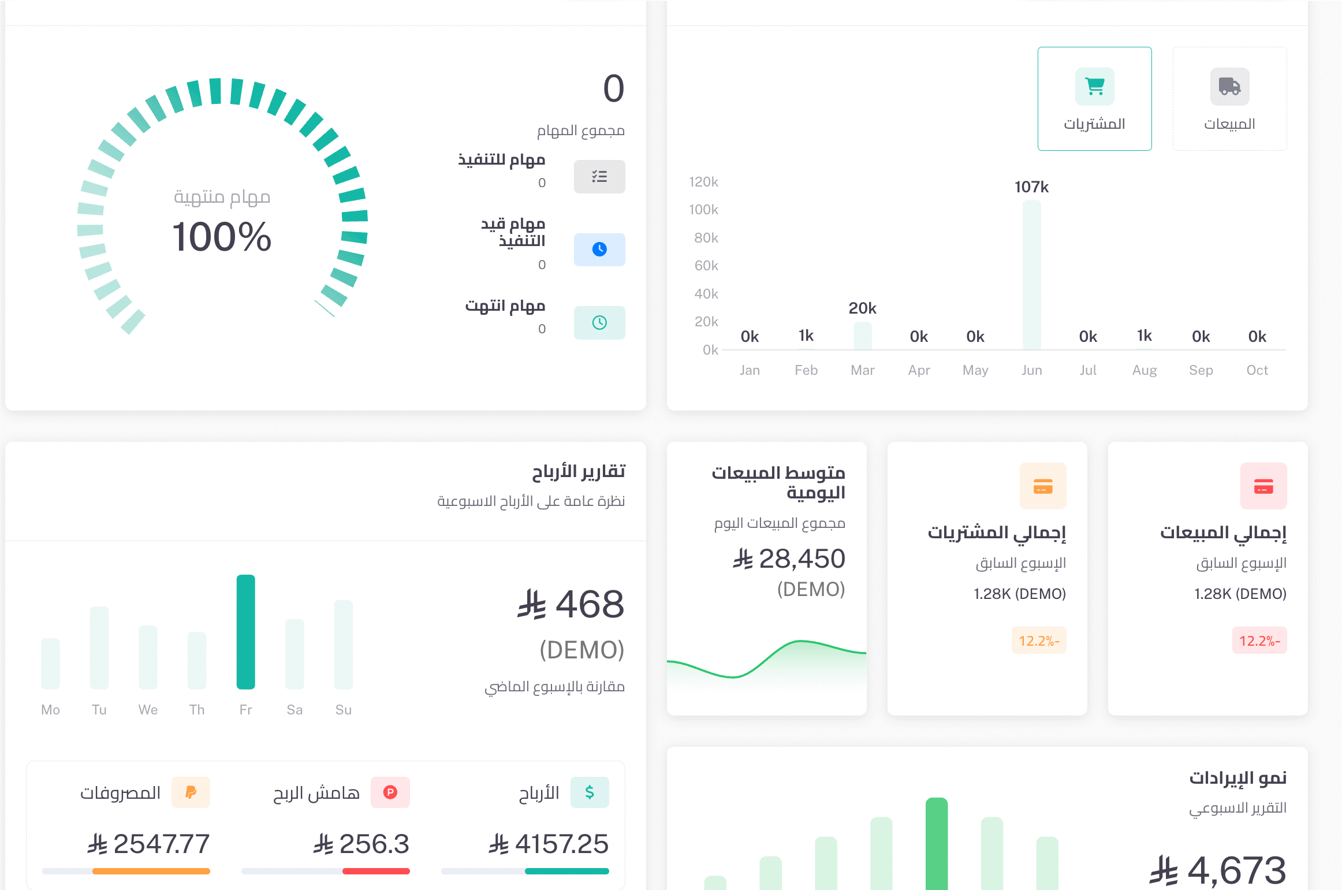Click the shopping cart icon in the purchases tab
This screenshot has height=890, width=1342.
click(x=1094, y=87)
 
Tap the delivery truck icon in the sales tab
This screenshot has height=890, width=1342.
click(x=1229, y=87)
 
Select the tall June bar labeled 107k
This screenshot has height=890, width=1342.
click(x=1031, y=275)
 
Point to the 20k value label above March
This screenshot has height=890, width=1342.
click(x=862, y=308)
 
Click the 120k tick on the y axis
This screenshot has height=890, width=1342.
click(x=703, y=182)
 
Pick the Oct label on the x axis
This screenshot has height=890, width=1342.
click(x=1257, y=370)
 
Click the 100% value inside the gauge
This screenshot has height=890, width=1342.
click(x=222, y=237)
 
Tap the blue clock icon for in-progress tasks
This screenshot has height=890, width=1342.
click(x=599, y=250)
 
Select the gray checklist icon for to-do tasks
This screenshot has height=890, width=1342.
click(x=599, y=177)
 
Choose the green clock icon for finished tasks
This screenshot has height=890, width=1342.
click(x=599, y=323)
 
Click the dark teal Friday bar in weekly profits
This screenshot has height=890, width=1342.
click(x=245, y=632)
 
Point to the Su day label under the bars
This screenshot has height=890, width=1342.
click(x=343, y=710)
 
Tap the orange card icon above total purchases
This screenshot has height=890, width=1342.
click(x=1042, y=486)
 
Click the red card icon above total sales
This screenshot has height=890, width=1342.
click(x=1263, y=486)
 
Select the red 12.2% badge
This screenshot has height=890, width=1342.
click(x=1259, y=640)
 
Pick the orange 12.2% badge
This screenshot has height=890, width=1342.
click(x=1038, y=640)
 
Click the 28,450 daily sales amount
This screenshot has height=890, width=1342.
click(x=802, y=559)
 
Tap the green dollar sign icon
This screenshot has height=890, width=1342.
click(x=589, y=792)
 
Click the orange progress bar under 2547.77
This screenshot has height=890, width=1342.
click(x=151, y=871)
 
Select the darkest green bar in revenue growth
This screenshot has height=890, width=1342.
click(x=936, y=843)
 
